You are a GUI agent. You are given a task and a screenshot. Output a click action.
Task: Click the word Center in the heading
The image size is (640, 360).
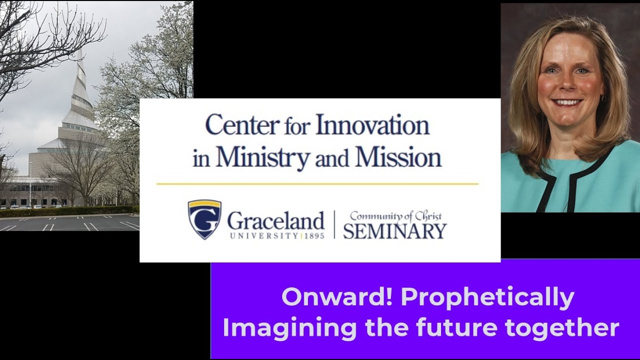pos(242,125)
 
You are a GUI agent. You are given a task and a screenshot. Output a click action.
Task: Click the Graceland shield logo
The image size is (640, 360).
pos(204,219)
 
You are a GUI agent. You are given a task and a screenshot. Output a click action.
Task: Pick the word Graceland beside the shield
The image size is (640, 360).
pos(275,220)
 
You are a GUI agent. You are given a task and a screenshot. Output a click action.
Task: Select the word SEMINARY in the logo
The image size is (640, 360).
pos(394,231)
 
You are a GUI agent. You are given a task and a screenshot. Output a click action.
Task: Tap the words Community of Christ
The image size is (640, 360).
pos(395,216)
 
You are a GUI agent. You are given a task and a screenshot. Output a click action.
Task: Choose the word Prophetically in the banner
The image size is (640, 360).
pos(487,297)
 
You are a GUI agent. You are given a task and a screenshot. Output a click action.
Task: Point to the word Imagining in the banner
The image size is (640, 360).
pos(289,328)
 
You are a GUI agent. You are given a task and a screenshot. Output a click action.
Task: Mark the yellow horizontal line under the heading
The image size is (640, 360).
pos(317,184)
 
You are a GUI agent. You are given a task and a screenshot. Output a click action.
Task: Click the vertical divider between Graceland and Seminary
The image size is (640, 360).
pos(333,224)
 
